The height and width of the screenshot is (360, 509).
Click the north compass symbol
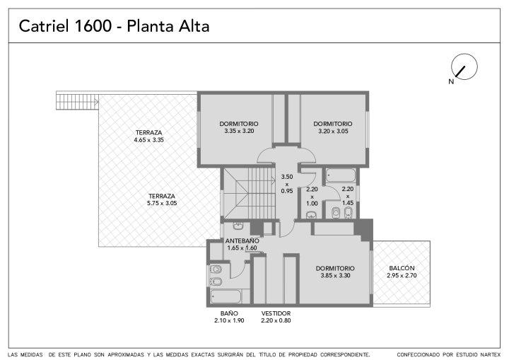coord(464,66)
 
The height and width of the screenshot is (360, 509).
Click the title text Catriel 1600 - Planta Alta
coord(114,26)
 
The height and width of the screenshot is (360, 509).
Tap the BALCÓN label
coord(402,268)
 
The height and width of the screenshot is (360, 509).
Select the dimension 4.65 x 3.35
coord(148,140)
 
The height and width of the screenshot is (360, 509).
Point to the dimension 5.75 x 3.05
coord(162,204)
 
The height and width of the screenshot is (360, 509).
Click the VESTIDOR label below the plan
coord(276,313)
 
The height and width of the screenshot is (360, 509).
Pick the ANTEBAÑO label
coord(242,240)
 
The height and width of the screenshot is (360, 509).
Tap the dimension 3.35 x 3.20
coord(239,131)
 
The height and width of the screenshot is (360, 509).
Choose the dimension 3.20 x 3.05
coord(333,131)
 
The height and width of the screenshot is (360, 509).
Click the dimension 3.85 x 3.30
coord(335,276)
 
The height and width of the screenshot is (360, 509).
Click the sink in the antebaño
coord(238,226)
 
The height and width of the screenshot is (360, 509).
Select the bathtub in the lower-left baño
coord(226,296)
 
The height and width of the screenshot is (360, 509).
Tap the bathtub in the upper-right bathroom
coord(341,175)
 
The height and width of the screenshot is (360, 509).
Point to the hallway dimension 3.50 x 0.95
coord(287,184)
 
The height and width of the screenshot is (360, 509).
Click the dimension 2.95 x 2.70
coord(402,276)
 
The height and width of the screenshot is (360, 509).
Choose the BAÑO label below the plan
coord(229,313)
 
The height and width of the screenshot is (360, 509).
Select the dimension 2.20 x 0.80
coord(276,320)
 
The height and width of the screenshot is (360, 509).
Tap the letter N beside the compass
coord(451,81)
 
